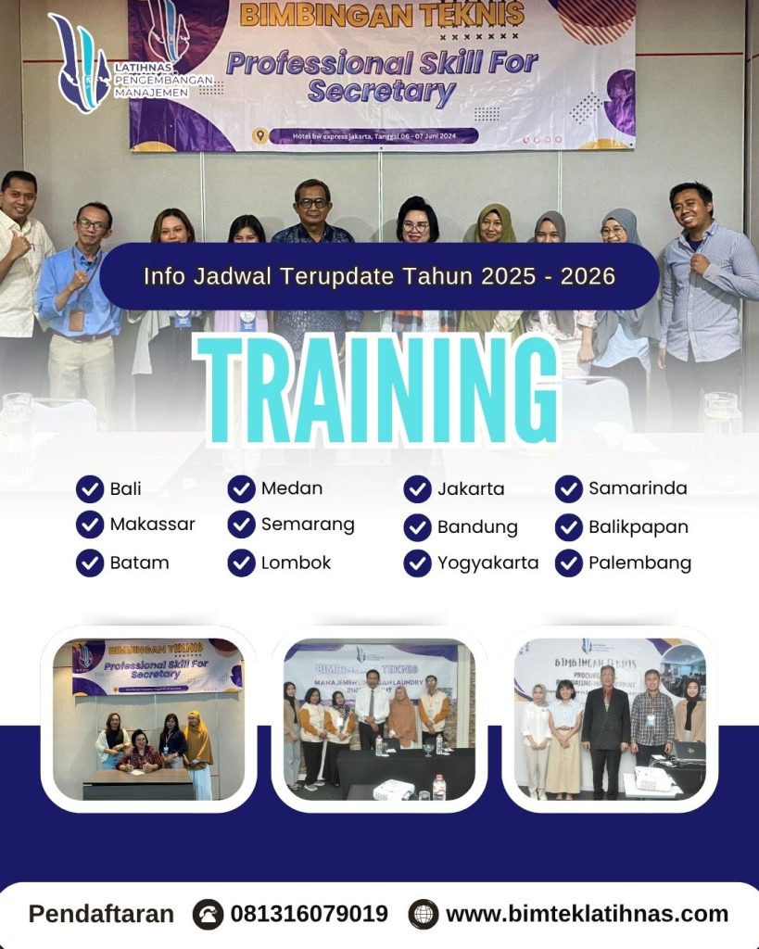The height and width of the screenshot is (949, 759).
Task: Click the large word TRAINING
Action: (x=380, y=390)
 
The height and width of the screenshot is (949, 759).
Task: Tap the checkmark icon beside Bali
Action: (x=90, y=488)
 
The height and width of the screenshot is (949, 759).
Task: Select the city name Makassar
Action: (x=152, y=525)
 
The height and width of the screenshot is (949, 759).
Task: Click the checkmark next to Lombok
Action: (x=241, y=563)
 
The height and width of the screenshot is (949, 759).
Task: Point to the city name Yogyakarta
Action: (x=487, y=563)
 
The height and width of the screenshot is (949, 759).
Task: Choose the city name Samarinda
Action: (x=638, y=487)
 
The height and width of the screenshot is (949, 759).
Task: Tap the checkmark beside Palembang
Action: (x=569, y=563)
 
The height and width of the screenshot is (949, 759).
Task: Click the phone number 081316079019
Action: (x=309, y=914)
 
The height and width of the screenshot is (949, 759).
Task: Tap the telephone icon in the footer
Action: (x=208, y=915)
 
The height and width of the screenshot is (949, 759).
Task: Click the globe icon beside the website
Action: (x=424, y=915)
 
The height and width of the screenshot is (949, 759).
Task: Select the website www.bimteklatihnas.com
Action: (x=587, y=914)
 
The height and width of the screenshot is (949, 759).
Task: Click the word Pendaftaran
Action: (x=101, y=914)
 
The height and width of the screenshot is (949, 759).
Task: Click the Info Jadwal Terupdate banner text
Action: (x=379, y=276)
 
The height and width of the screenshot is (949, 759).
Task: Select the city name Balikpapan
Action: (x=638, y=526)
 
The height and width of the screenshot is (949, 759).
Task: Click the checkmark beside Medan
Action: (x=241, y=488)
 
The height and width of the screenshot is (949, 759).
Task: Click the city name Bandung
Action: (x=477, y=526)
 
